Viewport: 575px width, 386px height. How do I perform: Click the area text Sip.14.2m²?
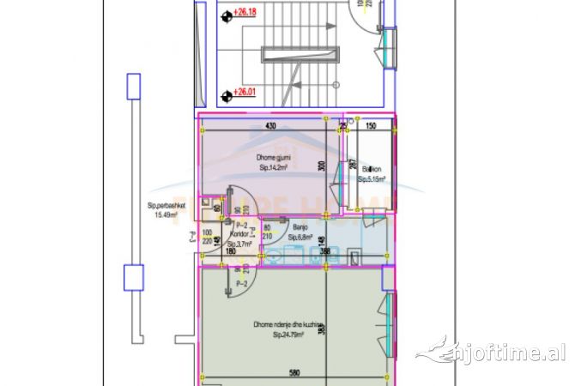273,169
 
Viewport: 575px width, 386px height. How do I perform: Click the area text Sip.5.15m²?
371,180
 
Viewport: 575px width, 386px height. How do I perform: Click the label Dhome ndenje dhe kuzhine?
287,325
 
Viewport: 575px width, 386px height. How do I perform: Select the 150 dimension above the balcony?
371,126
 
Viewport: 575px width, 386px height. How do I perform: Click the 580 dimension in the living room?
294,374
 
